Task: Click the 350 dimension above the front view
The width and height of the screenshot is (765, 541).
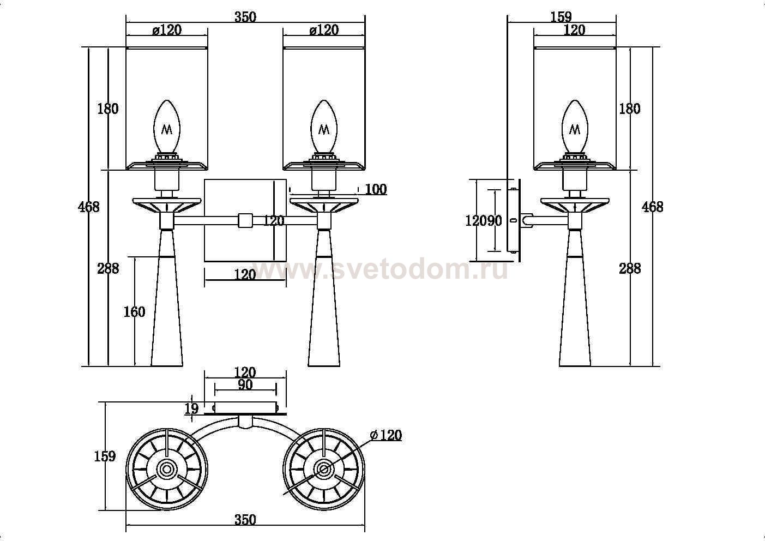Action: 245,17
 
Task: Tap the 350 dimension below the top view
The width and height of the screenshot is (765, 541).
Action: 245,520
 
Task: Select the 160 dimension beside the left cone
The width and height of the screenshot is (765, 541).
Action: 134,311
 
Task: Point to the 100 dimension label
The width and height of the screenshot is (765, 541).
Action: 376,189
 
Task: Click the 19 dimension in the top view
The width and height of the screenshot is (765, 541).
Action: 191,408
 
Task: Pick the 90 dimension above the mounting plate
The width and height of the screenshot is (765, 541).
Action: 245,384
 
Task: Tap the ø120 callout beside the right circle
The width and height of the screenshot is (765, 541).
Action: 386,435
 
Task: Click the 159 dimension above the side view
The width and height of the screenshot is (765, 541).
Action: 561,17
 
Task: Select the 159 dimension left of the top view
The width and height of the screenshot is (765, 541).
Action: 105,456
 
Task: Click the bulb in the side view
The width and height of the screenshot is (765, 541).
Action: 575,127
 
